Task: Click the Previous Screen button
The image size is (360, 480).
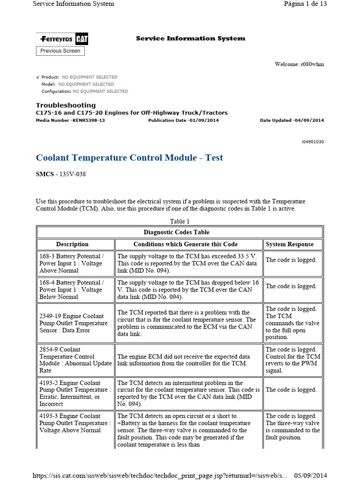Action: point(60,51)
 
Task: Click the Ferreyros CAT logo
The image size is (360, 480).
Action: point(62,38)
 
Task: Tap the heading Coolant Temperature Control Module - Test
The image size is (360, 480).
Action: point(129,158)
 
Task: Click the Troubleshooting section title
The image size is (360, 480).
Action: point(66,105)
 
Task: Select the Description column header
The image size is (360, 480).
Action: point(72,244)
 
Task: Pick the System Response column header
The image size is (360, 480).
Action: point(289,244)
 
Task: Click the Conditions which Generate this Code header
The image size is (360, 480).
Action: point(185,244)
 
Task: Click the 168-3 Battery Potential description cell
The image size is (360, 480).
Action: point(74,263)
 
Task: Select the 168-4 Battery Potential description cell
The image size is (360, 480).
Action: point(74,290)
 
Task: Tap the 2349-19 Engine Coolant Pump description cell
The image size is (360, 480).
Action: point(74,323)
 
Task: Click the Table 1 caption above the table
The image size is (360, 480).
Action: point(180,221)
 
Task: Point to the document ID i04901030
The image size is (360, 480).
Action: point(312,142)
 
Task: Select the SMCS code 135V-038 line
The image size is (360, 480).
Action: point(61,174)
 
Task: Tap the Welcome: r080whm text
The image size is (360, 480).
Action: point(299,64)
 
